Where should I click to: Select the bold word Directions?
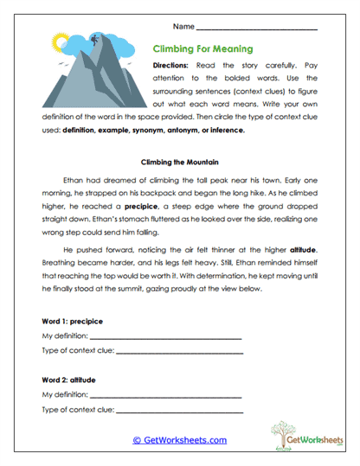(175, 66)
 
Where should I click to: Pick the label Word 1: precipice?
(72, 321)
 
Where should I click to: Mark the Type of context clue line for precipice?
(182, 353)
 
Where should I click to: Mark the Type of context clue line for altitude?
(182, 411)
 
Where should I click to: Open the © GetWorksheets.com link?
(179, 440)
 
